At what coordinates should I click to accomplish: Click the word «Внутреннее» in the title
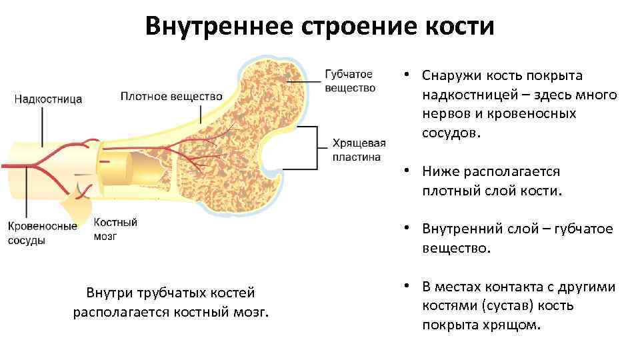coord(219,27)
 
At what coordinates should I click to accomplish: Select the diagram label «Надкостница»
coord(48,99)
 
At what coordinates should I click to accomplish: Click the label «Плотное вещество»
coord(171,96)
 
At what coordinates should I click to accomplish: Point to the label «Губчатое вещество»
coord(349,81)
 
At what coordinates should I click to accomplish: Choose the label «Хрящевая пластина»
coord(359,151)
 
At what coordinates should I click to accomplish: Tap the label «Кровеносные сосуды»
coord(42,233)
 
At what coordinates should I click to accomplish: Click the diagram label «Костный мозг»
coord(115,229)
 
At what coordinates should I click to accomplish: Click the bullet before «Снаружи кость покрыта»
coord(405,76)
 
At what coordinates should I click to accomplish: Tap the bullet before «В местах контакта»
coord(405,287)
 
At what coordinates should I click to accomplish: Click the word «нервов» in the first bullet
coord(444,114)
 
